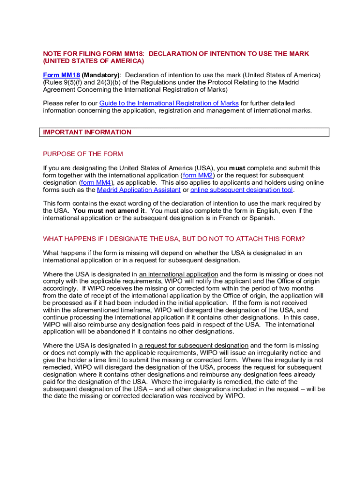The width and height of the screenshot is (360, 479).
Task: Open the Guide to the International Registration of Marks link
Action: tap(169, 103)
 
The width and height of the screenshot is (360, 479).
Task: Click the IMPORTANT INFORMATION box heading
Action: tap(87, 132)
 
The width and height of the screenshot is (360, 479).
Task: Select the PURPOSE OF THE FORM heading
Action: tap(83, 154)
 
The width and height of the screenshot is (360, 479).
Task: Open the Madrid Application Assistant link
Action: tap(139, 190)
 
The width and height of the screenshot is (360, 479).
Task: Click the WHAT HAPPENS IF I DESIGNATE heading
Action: tap(174, 239)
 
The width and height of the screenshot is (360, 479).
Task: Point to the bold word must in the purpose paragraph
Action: tap(238, 168)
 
